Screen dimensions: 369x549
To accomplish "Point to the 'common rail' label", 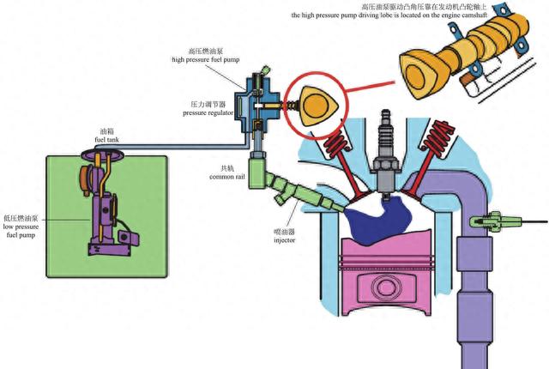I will (227, 177).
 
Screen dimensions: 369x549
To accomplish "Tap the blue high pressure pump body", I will (256, 94).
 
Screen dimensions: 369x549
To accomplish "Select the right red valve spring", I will (440, 137).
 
